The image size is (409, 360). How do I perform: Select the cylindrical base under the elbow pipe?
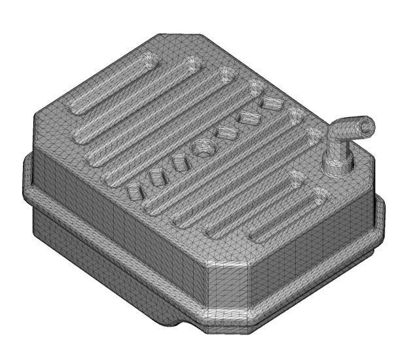coord(337,164)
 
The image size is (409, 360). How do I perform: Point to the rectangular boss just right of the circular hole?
coord(226,132)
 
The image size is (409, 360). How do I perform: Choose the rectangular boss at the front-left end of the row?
coord(133,190)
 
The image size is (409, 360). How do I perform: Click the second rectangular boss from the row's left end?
coord(156,176)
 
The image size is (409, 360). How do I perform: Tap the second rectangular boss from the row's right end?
coord(249,117)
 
